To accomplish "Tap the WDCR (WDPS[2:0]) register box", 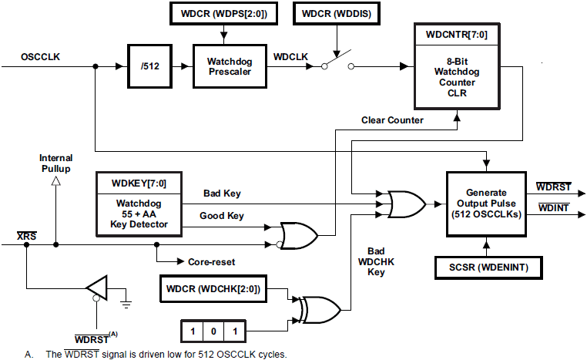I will tap(223, 13).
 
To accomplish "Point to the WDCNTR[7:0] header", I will tap(456, 35).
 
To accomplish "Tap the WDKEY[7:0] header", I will tap(139, 184).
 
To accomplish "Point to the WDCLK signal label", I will tap(291, 58).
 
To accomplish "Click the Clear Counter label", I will tap(393, 119).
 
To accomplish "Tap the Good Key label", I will tap(223, 217).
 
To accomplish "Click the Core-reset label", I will tap(213, 262).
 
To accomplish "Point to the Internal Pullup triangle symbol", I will tap(55, 181).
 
